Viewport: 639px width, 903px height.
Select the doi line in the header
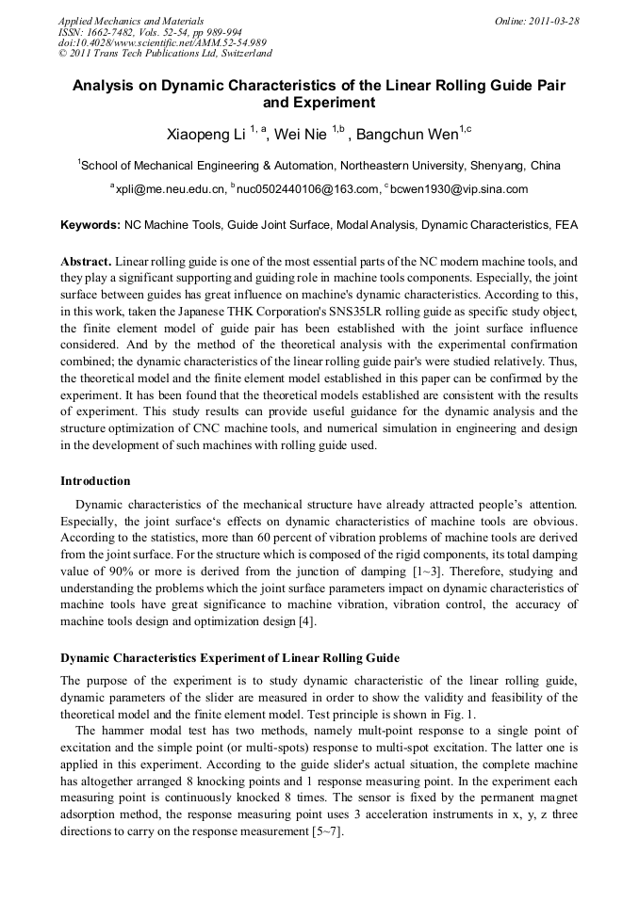pyautogui.click(x=162, y=42)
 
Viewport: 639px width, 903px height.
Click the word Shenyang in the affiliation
pyautogui.click(x=495, y=166)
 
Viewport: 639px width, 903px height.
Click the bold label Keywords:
pyautogui.click(x=90, y=226)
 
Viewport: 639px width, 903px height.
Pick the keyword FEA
pyautogui.click(x=565, y=226)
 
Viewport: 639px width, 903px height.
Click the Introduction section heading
pyautogui.click(x=95, y=480)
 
